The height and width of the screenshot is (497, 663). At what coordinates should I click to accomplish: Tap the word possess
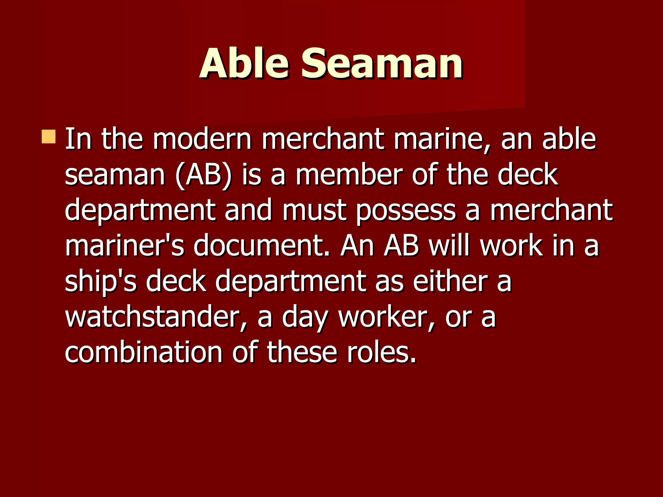click(x=406, y=211)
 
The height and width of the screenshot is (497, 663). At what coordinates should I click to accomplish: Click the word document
click(x=262, y=246)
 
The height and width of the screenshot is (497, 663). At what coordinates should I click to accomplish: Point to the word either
click(x=450, y=282)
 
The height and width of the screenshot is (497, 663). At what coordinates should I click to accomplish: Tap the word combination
click(x=143, y=352)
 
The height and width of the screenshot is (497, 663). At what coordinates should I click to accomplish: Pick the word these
click(x=302, y=352)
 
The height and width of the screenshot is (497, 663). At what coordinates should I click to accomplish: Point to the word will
click(x=450, y=246)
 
